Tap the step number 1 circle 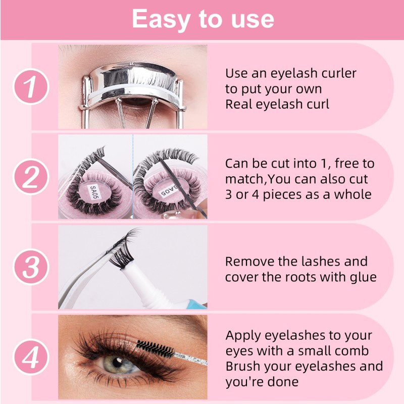(31, 86)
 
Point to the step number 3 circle (31, 266)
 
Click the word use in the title (249, 19)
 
